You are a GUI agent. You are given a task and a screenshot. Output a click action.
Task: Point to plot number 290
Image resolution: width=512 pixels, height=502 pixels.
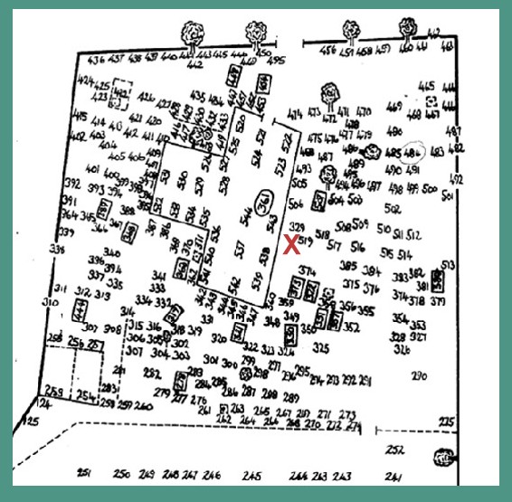pos(418,375)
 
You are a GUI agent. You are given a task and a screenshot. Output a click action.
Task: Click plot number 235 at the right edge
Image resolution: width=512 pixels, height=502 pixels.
pos(444,422)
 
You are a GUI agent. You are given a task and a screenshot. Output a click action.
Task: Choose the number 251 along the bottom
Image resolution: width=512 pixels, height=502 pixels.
pos(85,474)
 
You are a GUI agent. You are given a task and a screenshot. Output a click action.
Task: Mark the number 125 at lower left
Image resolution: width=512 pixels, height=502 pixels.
pos(33,422)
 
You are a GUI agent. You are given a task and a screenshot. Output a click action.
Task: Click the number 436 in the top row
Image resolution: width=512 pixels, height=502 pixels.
pos(97,59)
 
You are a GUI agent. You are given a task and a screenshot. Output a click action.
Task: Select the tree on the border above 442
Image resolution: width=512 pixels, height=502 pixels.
pos(194,34)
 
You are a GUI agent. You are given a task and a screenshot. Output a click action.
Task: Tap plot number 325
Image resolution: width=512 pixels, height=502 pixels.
pos(319,347)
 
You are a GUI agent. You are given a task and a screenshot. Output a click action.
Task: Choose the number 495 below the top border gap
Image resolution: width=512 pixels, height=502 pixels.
pos(278,62)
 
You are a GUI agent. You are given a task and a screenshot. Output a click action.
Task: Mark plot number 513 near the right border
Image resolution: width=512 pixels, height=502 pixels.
pos(447,265)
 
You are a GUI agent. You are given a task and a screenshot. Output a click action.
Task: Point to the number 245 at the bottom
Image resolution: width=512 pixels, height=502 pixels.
pos(252,476)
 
